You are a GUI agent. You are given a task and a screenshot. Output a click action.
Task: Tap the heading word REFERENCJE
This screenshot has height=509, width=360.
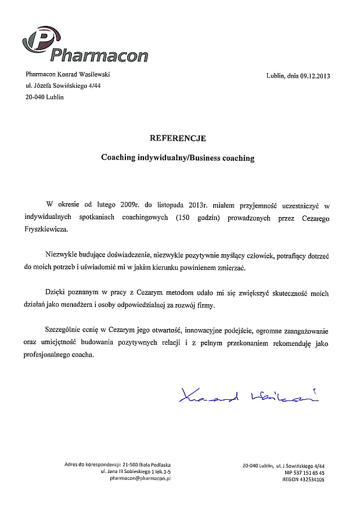(178, 138)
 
